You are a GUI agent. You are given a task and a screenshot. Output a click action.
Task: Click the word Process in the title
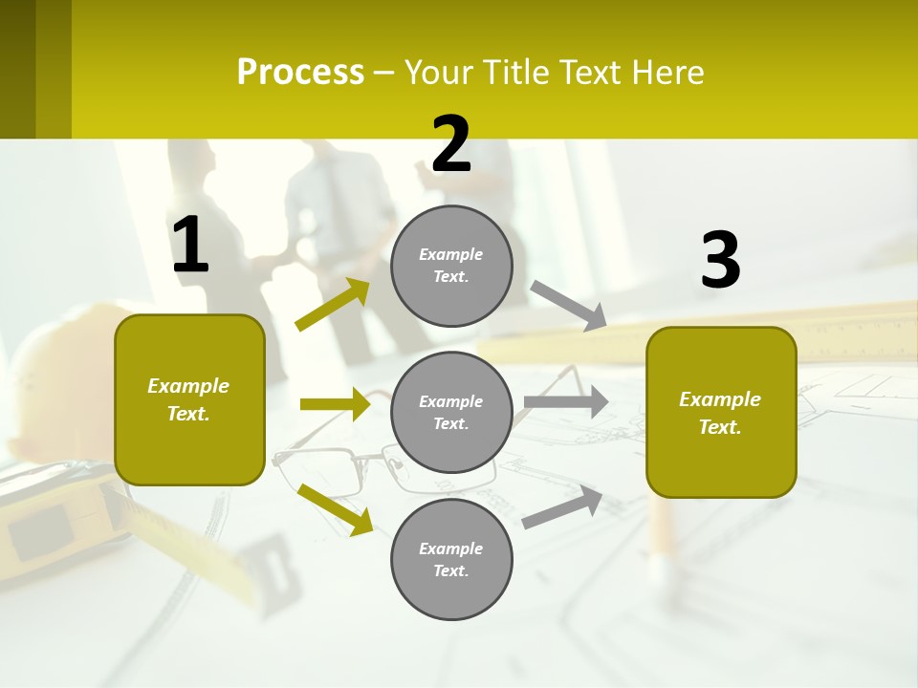pyautogui.click(x=300, y=73)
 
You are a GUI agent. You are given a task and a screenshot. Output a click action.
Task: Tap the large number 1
pyautogui.click(x=190, y=246)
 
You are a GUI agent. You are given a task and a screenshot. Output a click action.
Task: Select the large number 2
pyautogui.click(x=451, y=144)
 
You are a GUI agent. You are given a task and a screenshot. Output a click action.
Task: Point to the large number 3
pyautogui.click(x=720, y=260)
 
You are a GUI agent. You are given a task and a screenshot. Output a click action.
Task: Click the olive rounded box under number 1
pyautogui.click(x=189, y=399)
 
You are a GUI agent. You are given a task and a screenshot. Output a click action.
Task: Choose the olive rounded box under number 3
pyautogui.click(x=721, y=412)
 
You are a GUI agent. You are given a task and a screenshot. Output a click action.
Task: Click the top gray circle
pyautogui.click(x=451, y=266)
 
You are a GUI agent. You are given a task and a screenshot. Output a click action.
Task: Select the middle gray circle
pyautogui.click(x=451, y=412)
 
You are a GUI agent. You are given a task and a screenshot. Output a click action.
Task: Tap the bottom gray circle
pyautogui.click(x=451, y=559)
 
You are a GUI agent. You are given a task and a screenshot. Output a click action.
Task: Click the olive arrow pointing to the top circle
pyautogui.click(x=333, y=305)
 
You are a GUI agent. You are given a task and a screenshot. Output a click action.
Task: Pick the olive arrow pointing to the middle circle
pyautogui.click(x=335, y=404)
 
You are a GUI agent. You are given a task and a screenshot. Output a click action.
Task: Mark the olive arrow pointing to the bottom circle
pyautogui.click(x=335, y=508)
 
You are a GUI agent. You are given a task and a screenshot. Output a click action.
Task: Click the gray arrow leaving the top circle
pyautogui.click(x=569, y=305)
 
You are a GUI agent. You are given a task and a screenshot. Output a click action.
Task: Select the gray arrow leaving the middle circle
pyautogui.click(x=565, y=402)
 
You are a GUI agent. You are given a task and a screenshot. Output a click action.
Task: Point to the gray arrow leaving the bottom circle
pyautogui.click(x=562, y=507)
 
